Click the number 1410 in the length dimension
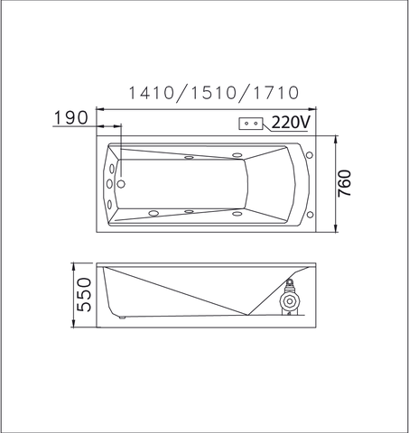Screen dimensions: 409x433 [152, 93]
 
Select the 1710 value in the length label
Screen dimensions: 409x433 [275, 93]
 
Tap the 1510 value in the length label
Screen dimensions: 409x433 [213, 93]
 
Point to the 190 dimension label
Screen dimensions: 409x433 [71, 117]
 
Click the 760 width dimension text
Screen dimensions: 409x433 [345, 183]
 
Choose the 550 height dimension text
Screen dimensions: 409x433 [84, 295]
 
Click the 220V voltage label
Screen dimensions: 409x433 [291, 123]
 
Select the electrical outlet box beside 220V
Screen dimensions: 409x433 [251, 124]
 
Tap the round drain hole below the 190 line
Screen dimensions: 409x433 [121, 184]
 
